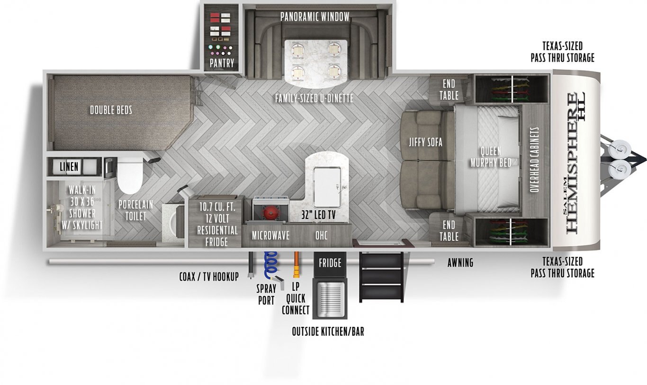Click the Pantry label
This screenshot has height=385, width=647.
(x=222, y=62)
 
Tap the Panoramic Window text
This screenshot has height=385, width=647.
(x=315, y=17)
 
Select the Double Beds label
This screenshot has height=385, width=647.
(x=111, y=110)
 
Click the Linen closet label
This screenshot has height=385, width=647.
(x=69, y=166)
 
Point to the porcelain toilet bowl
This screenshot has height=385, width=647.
(x=130, y=176)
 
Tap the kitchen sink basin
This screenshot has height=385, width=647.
(x=328, y=187)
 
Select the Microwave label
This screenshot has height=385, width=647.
(x=270, y=236)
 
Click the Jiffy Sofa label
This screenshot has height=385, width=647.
(x=425, y=142)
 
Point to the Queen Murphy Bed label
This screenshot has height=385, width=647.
(x=491, y=157)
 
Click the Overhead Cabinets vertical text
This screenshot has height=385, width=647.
(x=535, y=159)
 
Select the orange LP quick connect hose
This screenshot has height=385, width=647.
(x=297, y=264)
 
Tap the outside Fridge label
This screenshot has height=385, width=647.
(x=330, y=263)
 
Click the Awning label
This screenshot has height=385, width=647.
(x=460, y=262)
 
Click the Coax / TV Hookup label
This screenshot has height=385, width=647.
(x=209, y=277)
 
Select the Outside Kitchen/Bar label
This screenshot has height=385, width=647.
(x=328, y=332)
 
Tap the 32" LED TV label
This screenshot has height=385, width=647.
(x=318, y=215)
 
